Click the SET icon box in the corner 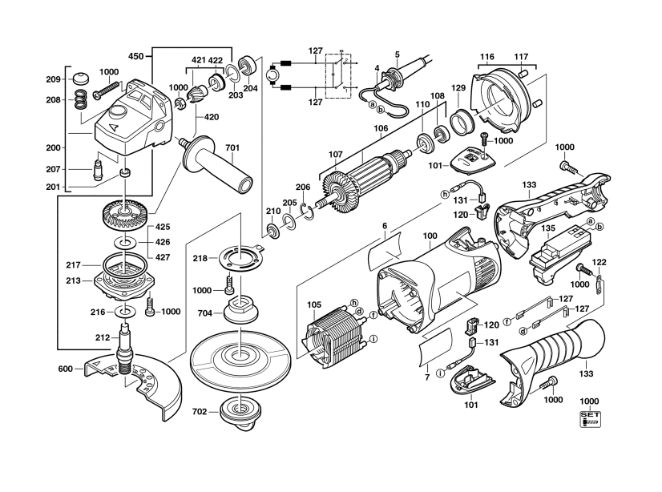[590, 417]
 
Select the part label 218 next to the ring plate [199, 258]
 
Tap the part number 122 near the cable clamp [599, 262]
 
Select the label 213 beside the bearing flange [74, 280]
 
